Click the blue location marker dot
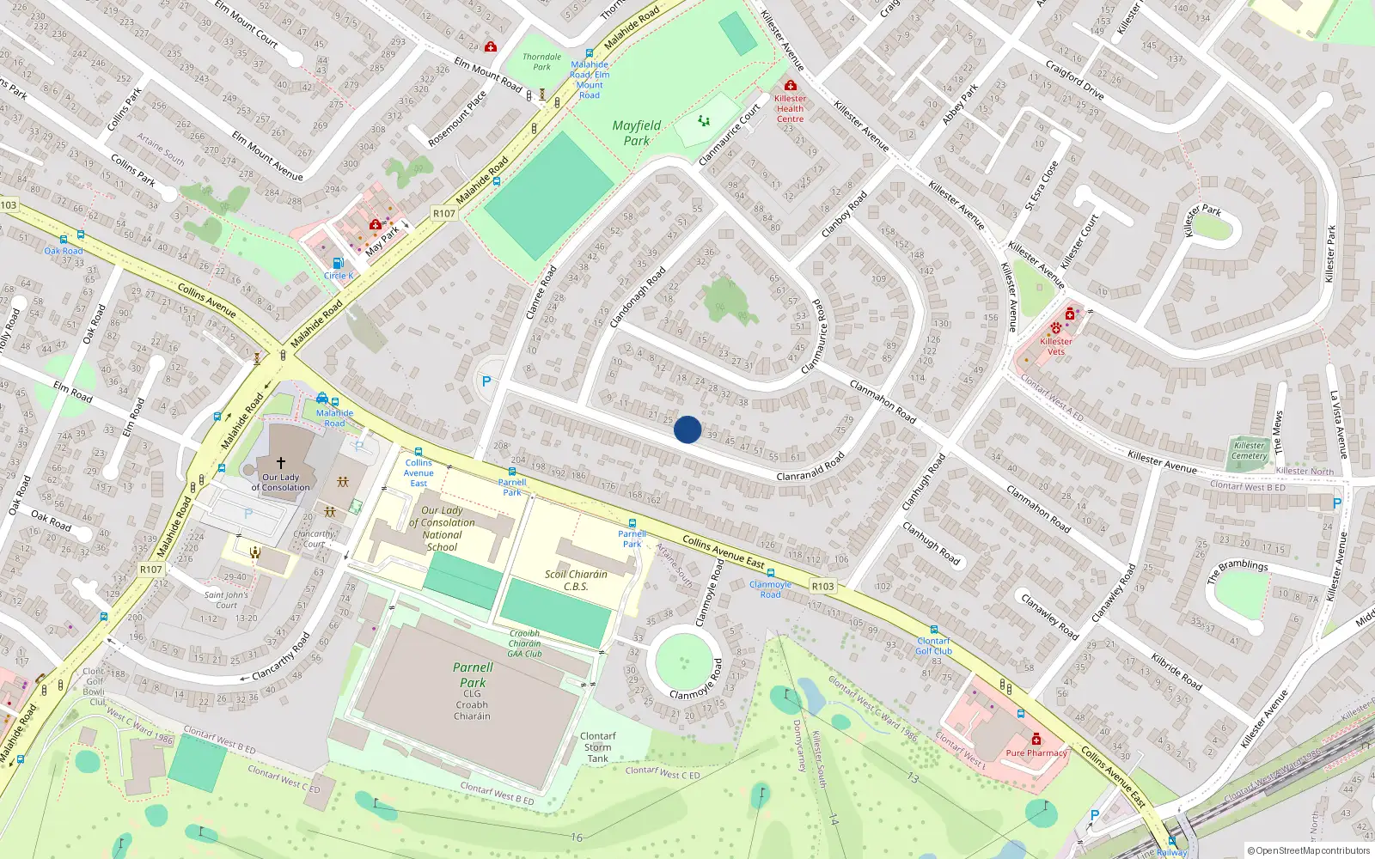point(687,429)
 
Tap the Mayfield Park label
point(637,133)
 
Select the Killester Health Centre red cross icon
point(790,85)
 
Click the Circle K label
point(339,276)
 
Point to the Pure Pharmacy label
point(1036,753)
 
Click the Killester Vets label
point(1056,346)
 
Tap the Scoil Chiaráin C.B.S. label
point(576,581)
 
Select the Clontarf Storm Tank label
point(597,747)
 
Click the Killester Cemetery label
point(1249,450)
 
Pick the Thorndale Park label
point(541,62)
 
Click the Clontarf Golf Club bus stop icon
point(934,631)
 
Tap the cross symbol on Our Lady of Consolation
point(280,463)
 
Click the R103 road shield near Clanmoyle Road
point(822,586)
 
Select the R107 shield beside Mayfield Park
point(443,213)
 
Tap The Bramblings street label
point(1237,571)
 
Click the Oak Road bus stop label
point(64,251)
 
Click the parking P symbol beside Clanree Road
point(486,381)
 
